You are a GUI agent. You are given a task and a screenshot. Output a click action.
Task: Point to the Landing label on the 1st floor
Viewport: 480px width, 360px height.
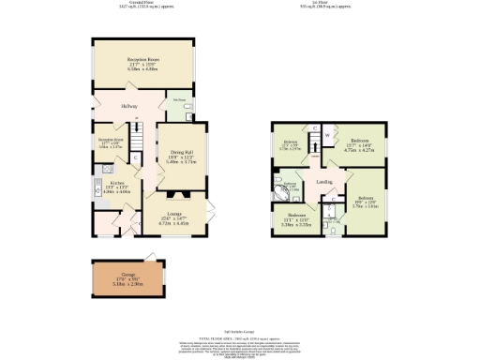coord(325,181)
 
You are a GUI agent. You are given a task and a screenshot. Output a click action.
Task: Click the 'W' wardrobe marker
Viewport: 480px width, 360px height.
coord(327,136)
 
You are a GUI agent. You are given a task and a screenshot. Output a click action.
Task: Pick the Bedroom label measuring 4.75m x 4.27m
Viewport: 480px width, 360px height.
coord(360,145)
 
